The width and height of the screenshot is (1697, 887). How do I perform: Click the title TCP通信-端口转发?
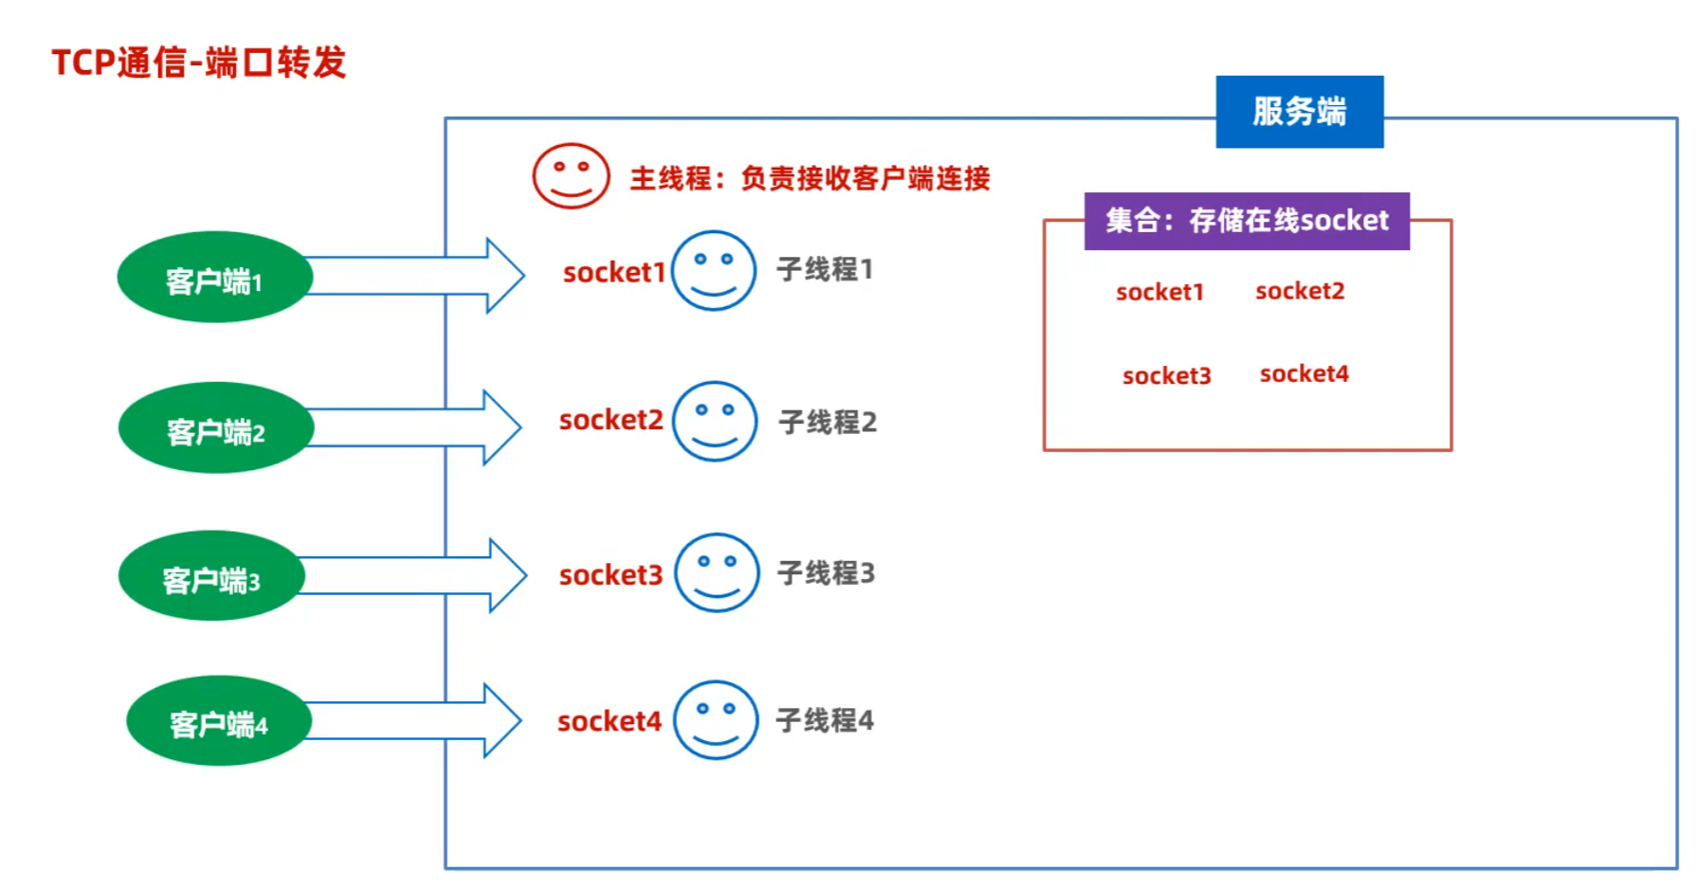[x=199, y=63]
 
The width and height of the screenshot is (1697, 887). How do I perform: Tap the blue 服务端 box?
[x=1299, y=112]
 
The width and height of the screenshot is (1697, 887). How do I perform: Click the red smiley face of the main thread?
[x=571, y=175]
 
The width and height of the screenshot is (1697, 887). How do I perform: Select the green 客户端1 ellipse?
[x=215, y=277]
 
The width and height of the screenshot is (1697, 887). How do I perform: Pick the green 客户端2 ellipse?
[x=216, y=427]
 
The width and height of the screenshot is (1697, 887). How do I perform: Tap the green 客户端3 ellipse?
[x=212, y=575]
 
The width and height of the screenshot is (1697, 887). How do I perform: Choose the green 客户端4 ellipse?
[x=219, y=720]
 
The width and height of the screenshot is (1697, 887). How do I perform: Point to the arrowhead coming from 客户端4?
[x=503, y=720]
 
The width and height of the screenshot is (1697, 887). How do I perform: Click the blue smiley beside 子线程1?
[x=714, y=270]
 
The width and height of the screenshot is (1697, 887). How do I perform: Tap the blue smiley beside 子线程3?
[x=717, y=572]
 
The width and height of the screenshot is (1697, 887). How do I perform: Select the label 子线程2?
[x=828, y=422]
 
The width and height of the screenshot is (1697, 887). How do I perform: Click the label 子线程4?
[x=825, y=720]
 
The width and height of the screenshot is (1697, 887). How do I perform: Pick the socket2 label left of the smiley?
[x=611, y=420]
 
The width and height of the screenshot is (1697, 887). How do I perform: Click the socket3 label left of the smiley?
[x=611, y=575]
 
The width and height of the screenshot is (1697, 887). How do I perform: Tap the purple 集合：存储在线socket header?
[x=1247, y=221]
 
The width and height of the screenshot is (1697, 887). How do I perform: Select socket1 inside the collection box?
[x=1159, y=292]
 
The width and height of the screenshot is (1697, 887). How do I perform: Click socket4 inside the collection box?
[x=1304, y=373]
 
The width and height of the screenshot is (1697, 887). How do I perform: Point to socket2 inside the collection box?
[x=1300, y=291]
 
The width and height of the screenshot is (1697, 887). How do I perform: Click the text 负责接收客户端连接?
[x=866, y=178]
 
